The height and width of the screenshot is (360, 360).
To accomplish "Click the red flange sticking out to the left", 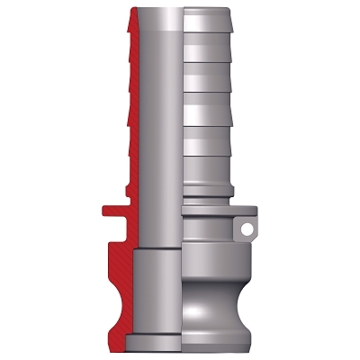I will point(110,214).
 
